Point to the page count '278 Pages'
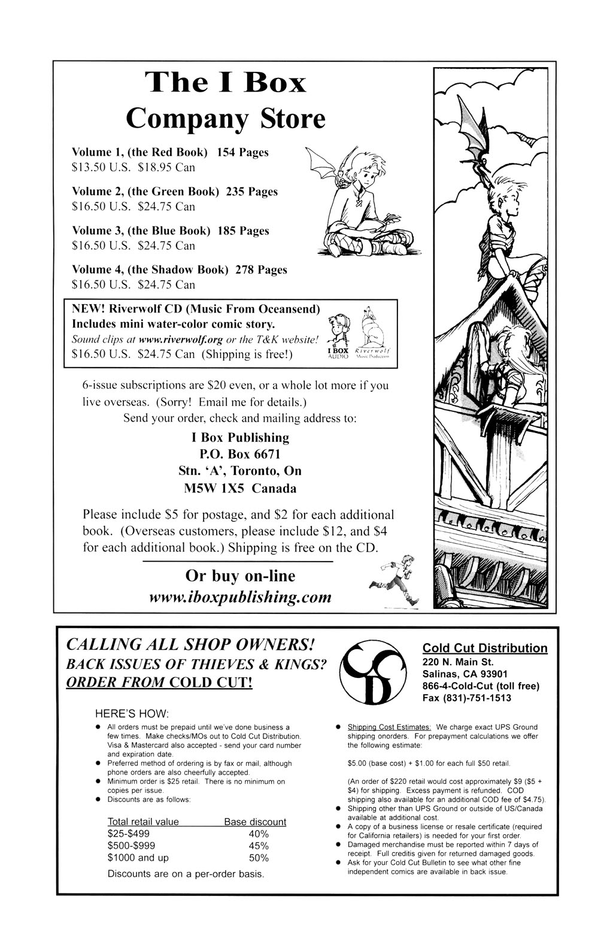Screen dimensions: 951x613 click(261, 270)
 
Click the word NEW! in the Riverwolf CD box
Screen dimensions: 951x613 click(89, 309)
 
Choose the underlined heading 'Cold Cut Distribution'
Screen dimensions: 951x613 click(484, 648)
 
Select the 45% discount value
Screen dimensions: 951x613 click(259, 846)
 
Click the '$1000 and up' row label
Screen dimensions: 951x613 click(138, 858)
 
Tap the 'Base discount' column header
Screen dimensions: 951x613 click(255, 822)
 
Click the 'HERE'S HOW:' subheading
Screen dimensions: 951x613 click(132, 714)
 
